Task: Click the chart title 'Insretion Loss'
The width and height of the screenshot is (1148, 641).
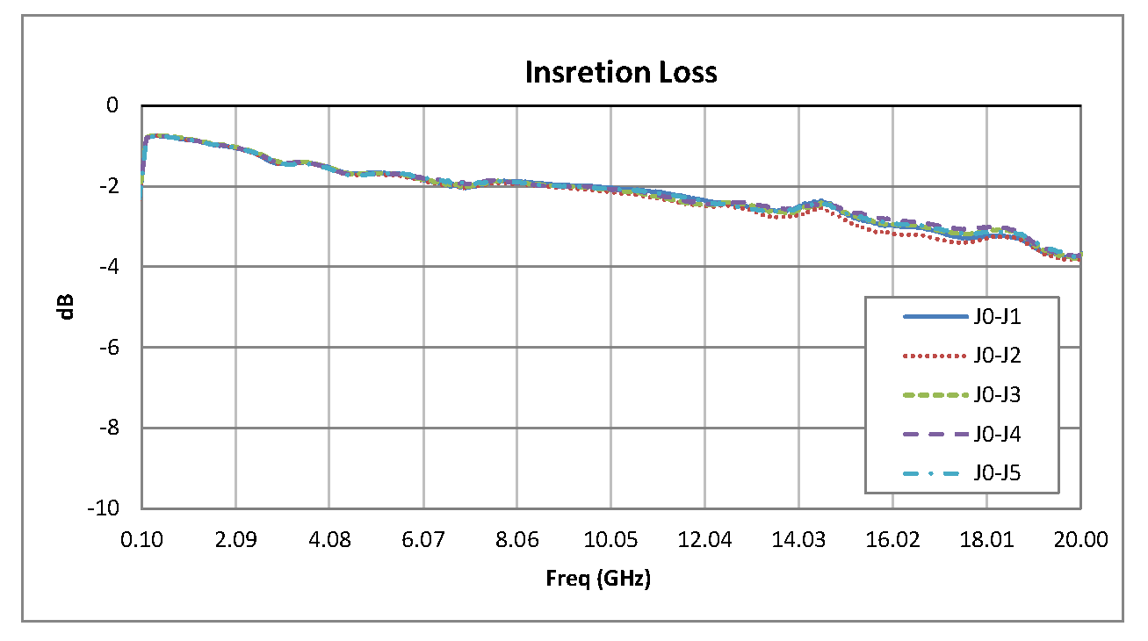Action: (621, 72)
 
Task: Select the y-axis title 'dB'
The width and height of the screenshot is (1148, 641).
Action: (68, 306)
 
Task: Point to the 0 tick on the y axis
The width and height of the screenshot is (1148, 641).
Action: (112, 105)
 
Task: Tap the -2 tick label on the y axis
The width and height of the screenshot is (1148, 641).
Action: (108, 186)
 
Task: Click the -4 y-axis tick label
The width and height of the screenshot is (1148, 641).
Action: (108, 267)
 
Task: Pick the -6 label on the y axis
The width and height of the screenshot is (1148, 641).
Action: (108, 348)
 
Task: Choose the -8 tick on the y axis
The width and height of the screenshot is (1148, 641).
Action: (108, 429)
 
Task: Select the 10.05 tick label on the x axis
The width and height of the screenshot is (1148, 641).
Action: (610, 539)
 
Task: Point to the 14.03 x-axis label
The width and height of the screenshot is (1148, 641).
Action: (798, 539)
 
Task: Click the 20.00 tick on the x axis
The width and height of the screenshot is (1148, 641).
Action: (1080, 539)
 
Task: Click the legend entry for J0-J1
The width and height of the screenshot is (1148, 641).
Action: (996, 316)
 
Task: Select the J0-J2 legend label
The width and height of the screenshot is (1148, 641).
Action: (996, 356)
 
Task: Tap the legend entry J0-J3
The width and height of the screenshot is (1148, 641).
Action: (996, 395)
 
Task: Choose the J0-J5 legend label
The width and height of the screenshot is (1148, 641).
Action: (996, 474)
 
